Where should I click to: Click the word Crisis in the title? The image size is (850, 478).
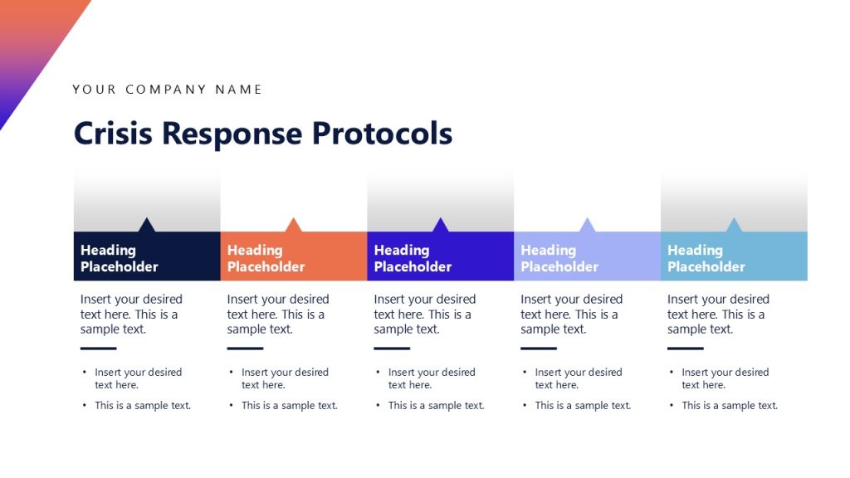(113, 134)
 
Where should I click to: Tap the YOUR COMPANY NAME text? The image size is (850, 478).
(167, 90)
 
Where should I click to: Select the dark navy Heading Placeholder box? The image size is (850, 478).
(147, 258)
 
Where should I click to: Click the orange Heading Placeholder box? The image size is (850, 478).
(293, 258)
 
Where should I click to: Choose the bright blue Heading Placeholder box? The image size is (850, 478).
(440, 258)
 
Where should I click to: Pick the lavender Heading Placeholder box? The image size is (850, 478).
(587, 258)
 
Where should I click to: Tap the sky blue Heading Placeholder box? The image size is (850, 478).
(734, 258)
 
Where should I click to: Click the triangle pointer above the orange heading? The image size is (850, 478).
(293, 226)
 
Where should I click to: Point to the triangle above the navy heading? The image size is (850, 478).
(147, 226)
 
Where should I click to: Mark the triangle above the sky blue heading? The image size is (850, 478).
(734, 226)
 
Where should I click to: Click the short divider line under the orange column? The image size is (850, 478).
(245, 349)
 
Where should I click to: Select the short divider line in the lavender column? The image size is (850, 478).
(538, 349)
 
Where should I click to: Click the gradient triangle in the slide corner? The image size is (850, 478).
(29, 41)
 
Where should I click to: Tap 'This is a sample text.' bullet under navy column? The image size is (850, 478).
(143, 406)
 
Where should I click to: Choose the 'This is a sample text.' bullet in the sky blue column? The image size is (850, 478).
(730, 406)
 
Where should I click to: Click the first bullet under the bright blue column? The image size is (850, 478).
(432, 378)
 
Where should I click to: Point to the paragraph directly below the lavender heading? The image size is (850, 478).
(571, 314)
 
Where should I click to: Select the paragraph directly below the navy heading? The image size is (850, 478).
(131, 314)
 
